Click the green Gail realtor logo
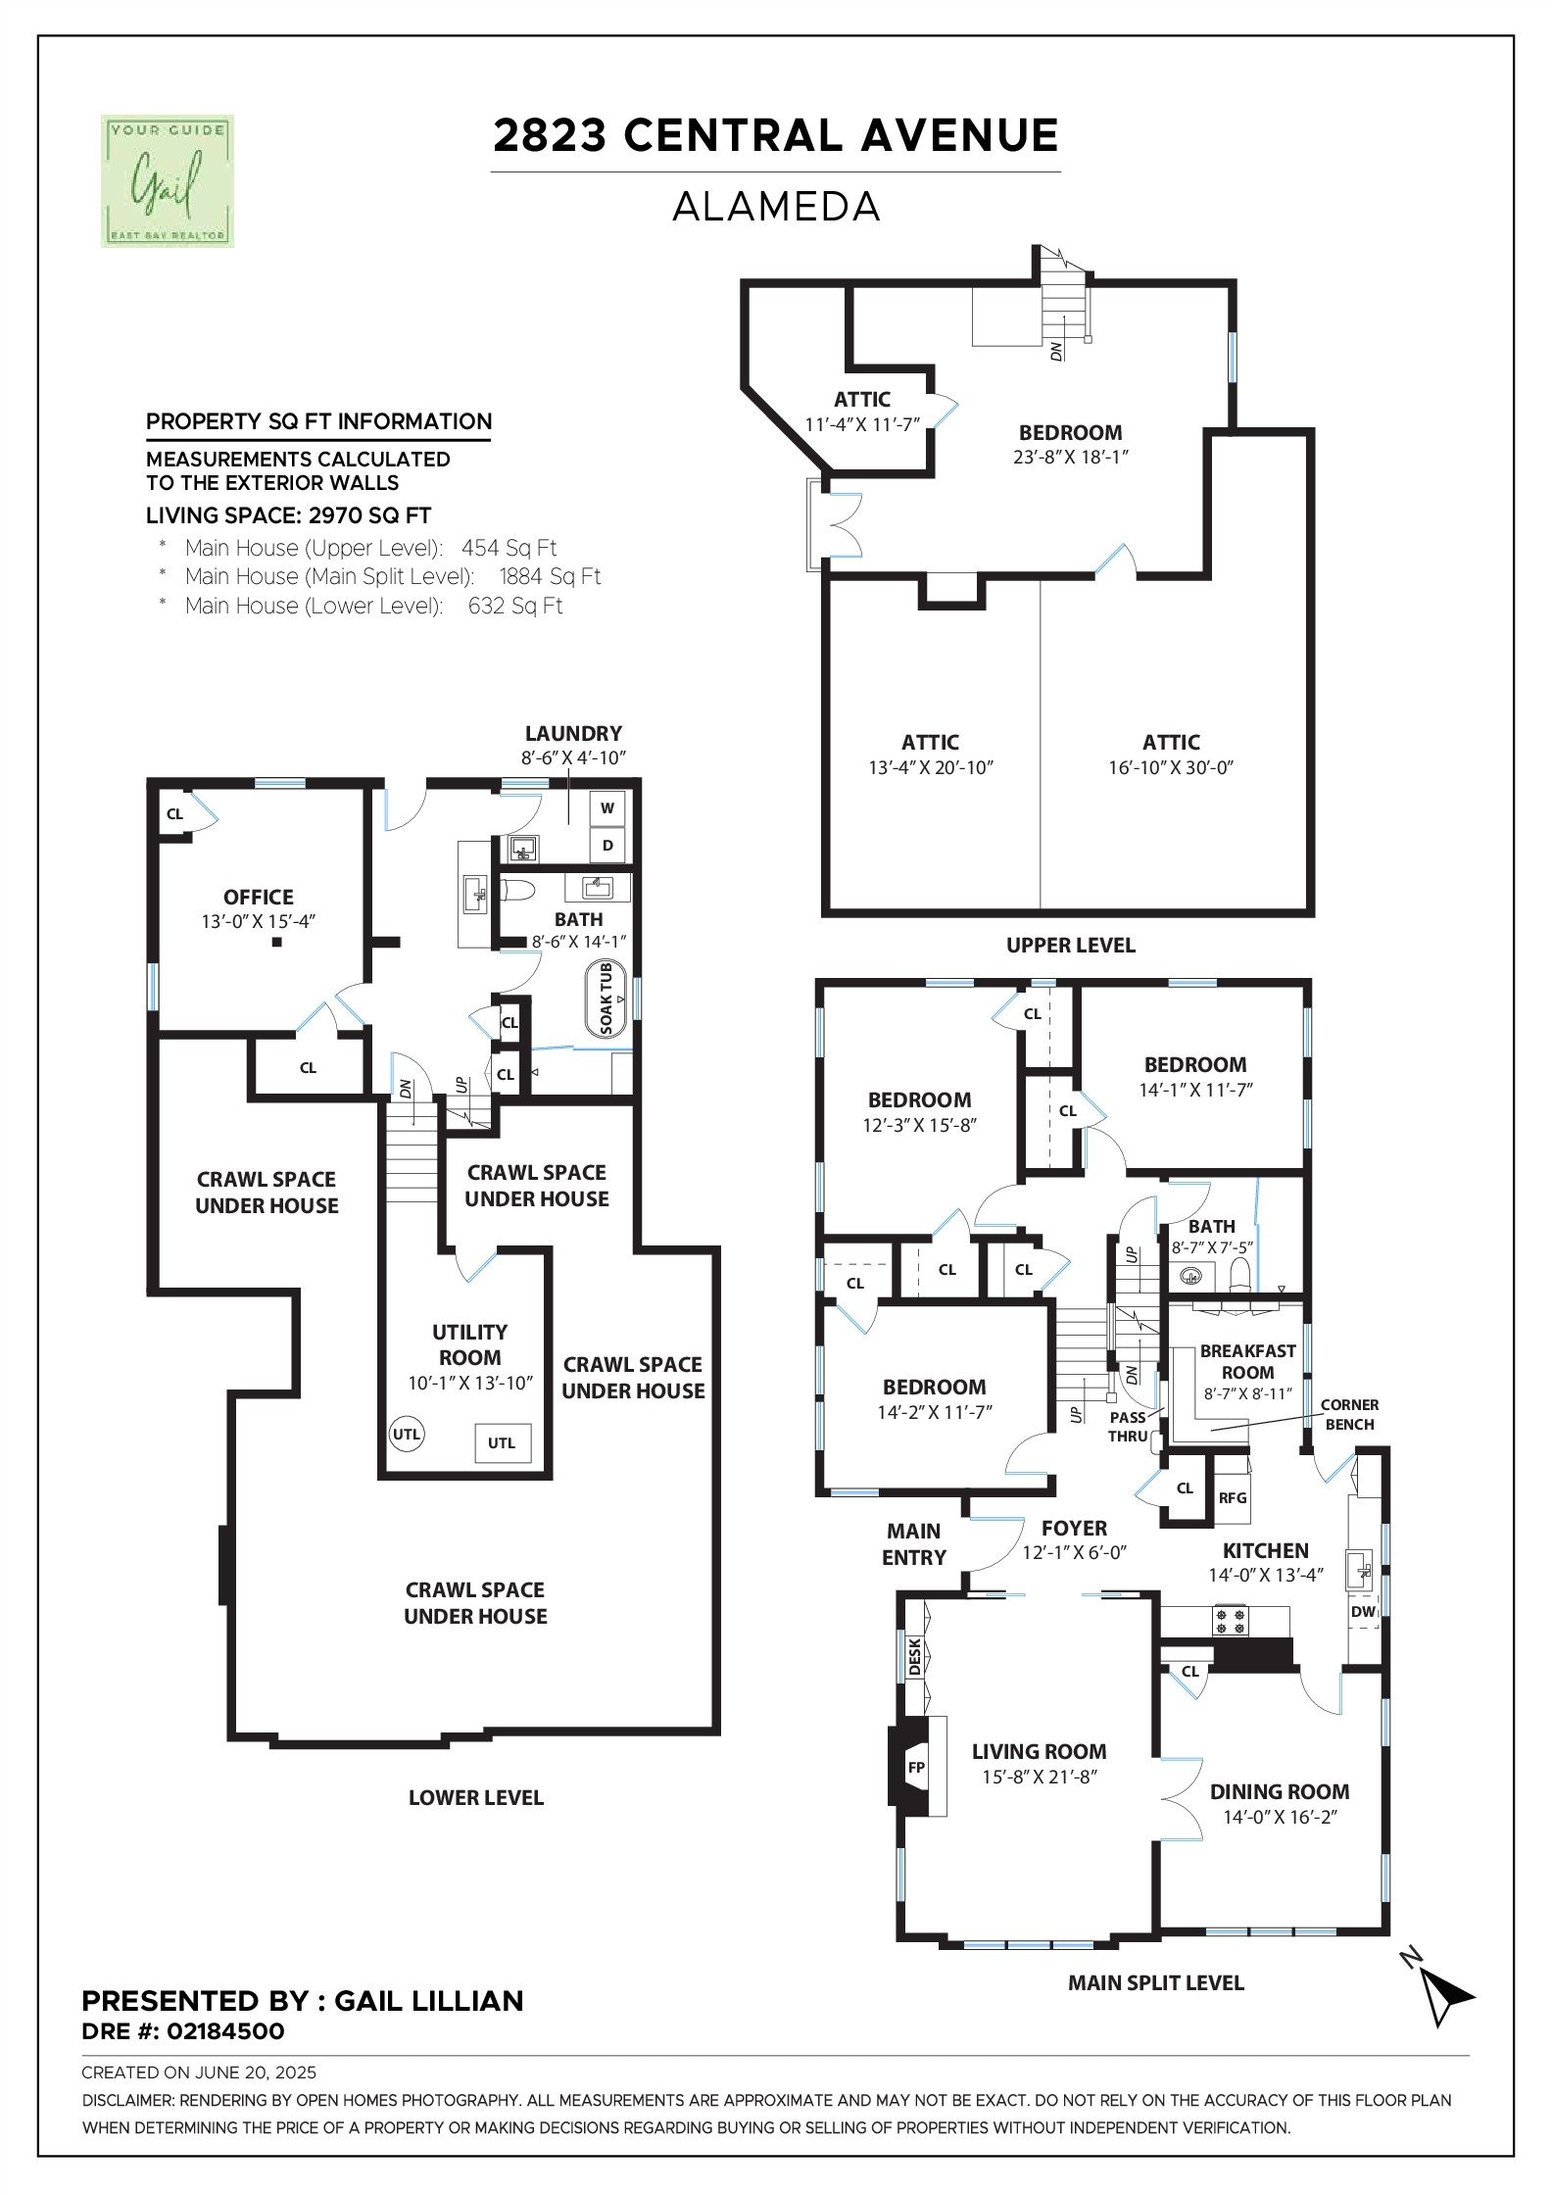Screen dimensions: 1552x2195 click(168, 180)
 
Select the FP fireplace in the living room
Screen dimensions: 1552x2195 click(917, 1767)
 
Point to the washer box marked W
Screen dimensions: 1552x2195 click(607, 808)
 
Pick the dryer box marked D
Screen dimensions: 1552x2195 click(607, 846)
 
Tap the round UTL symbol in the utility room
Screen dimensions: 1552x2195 click(406, 1435)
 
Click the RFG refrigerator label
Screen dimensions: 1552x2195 click(1233, 1497)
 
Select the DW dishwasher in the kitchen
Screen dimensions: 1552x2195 click(1364, 1611)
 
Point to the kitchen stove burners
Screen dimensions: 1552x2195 click(1232, 1621)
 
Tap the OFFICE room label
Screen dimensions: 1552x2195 click(259, 897)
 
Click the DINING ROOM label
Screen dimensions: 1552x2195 click(1280, 1791)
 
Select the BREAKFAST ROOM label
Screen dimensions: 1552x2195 click(1247, 1361)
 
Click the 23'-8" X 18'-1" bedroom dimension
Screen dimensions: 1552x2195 click(1071, 457)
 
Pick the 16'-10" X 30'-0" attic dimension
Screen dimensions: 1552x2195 click(1171, 767)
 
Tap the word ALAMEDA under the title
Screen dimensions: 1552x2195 click(776, 206)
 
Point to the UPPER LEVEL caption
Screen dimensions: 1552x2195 click(1071, 946)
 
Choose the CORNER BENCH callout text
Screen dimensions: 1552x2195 click(1349, 1414)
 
